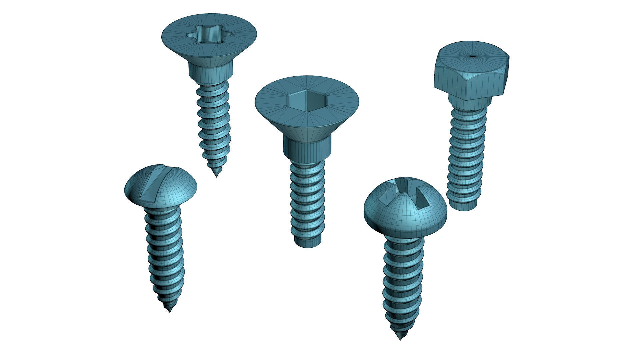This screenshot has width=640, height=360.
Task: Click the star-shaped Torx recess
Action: [x=209, y=33]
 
